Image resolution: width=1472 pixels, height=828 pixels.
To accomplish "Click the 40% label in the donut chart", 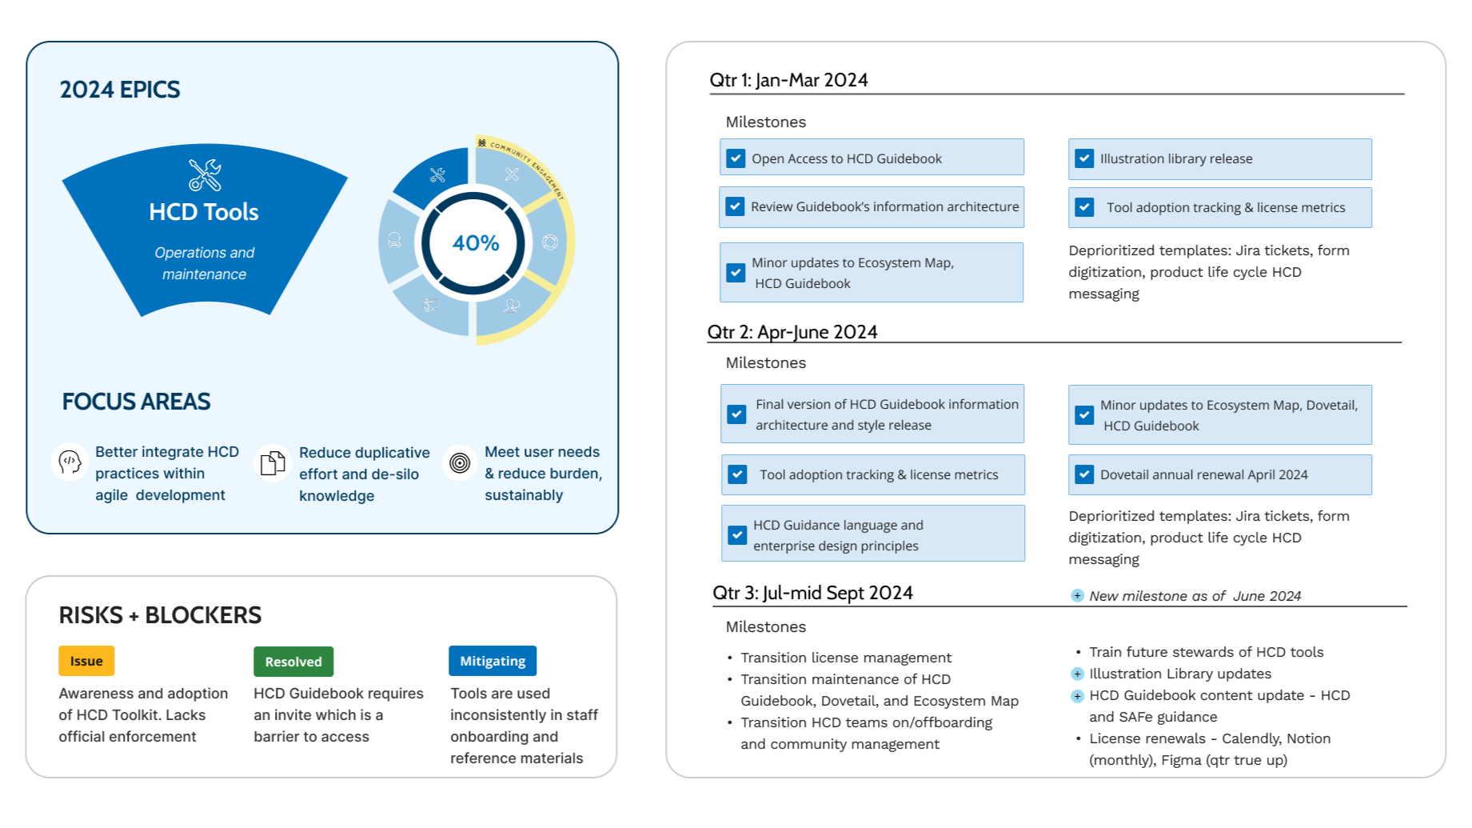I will (476, 242).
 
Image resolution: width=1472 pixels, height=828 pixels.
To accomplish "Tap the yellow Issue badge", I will (86, 661).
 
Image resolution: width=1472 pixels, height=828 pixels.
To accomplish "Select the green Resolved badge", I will (293, 662).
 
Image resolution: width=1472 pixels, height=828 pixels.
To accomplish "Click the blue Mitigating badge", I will (493, 661).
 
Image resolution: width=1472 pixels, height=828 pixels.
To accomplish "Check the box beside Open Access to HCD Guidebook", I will (736, 158).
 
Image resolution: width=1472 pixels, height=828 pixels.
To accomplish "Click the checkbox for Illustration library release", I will (1084, 158).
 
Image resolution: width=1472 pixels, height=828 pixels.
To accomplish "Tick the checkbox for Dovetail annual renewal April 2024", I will (1084, 474).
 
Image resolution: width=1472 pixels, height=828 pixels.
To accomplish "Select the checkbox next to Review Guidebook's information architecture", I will (735, 206).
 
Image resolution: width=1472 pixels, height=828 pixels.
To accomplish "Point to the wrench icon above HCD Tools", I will (205, 175).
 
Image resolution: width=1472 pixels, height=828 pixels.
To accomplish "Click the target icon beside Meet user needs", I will (460, 462).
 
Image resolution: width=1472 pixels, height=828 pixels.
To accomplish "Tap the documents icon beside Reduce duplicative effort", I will (273, 463).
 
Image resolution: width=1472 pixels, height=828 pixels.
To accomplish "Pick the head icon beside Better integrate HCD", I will (70, 462).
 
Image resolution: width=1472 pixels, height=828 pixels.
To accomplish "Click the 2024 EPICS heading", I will (120, 90).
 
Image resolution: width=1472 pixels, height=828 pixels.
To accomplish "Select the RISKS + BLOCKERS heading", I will (160, 615).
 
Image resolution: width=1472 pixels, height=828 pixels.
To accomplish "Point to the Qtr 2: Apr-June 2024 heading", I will (792, 332).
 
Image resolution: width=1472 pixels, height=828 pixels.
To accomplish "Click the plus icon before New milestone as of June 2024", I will (1077, 596).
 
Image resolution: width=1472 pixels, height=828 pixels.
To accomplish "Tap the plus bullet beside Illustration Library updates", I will (1077, 674).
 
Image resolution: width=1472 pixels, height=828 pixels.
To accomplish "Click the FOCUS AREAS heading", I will (137, 402).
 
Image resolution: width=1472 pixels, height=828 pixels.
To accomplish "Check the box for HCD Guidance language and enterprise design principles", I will (737, 534).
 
